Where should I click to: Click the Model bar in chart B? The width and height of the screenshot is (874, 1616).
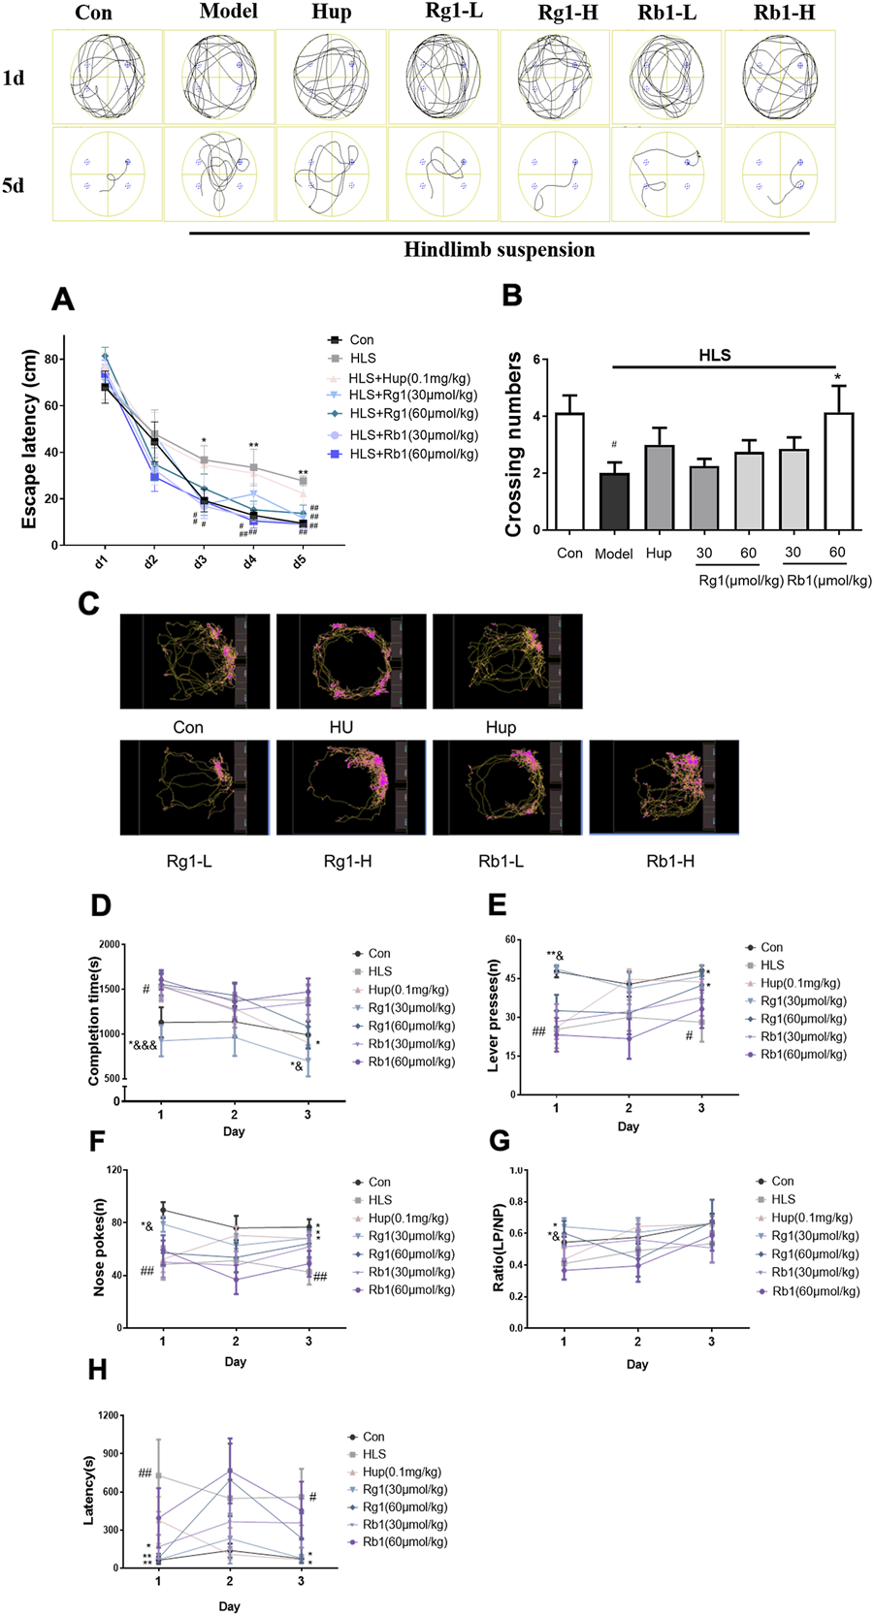(613, 502)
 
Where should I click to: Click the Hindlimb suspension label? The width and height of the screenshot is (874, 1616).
(500, 250)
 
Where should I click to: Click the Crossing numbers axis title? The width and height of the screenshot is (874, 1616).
(513, 445)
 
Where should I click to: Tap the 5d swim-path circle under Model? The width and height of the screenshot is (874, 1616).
(220, 175)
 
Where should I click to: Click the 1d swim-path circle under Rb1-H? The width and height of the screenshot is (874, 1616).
(779, 77)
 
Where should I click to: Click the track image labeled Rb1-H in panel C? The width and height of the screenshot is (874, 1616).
(664, 787)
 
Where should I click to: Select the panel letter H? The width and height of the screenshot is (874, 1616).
(97, 1370)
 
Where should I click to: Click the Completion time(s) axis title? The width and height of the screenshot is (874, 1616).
(95, 1021)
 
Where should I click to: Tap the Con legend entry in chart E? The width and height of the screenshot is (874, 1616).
(771, 947)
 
